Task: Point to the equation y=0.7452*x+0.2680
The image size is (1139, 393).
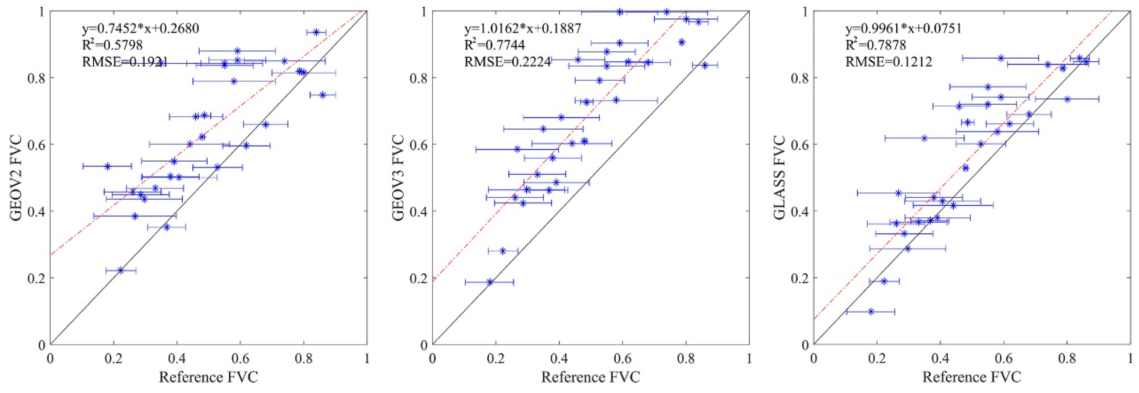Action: [x=141, y=29]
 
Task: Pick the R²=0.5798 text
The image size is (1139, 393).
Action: [x=112, y=45]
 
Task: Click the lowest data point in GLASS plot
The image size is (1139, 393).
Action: [x=871, y=312]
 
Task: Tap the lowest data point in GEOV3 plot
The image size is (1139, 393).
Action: [x=490, y=282]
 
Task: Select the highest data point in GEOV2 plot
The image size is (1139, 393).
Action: [x=316, y=32]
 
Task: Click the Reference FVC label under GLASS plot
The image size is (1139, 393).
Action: [x=972, y=377]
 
